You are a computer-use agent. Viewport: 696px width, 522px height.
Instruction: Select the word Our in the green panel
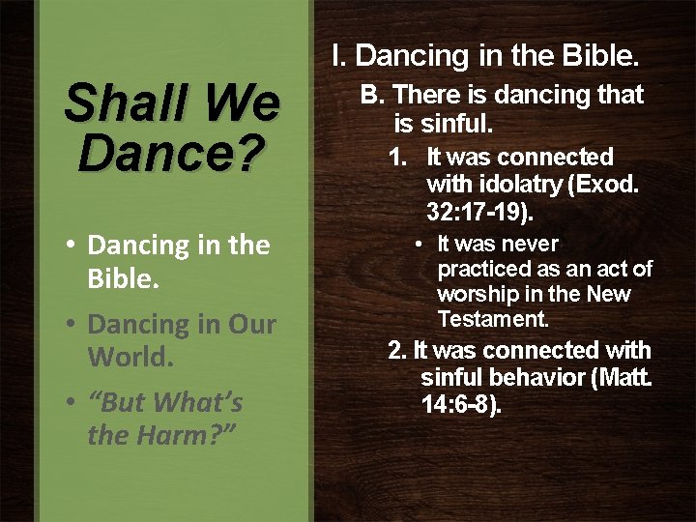tap(251, 325)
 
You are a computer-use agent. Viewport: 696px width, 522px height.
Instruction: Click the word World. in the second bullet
tap(131, 357)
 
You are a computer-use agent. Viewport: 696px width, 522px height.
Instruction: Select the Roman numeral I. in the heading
tap(338, 56)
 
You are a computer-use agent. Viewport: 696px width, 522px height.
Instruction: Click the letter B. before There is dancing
tap(373, 95)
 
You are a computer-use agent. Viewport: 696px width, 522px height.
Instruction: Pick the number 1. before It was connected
tap(397, 157)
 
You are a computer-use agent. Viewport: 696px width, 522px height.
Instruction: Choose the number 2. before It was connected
tap(396, 350)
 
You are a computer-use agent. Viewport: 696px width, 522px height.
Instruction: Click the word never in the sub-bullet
tap(530, 244)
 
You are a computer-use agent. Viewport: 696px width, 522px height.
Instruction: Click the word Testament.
tap(493, 318)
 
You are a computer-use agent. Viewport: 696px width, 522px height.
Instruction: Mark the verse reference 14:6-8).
tap(461, 404)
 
